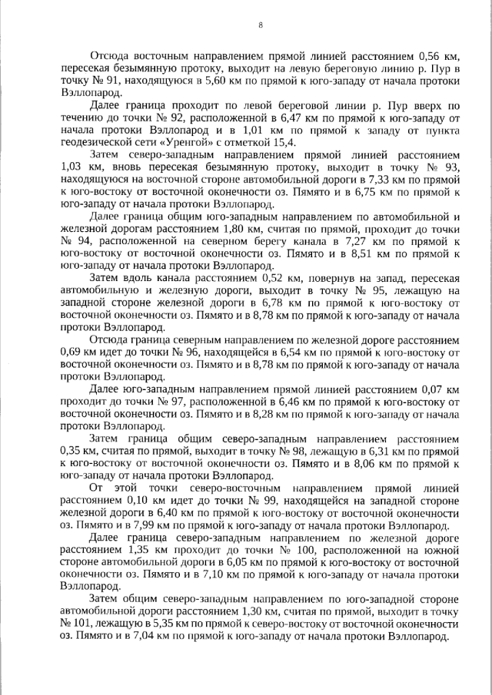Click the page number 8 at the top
pyautogui.click(x=261, y=25)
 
